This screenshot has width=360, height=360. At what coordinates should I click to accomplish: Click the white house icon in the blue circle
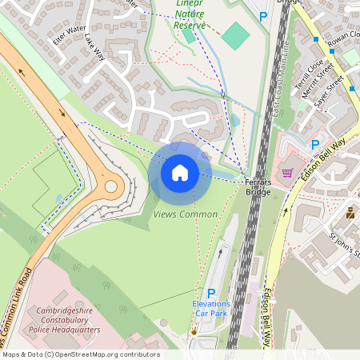180,173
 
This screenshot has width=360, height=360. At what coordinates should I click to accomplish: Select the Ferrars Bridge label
258,187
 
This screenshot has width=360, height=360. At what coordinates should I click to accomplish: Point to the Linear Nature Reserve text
191,14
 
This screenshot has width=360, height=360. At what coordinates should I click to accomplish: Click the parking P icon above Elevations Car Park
211,293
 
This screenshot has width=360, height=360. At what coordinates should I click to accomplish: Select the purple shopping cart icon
287,173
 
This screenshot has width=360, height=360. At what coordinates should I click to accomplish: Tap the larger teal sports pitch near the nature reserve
235,34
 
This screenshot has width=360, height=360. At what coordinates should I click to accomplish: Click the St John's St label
343,245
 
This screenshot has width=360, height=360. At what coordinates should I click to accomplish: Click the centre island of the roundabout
110,186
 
